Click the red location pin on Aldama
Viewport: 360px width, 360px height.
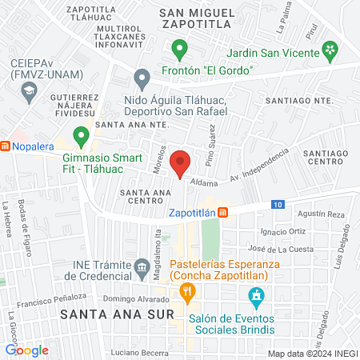(182, 163)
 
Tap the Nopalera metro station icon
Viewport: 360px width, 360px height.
(6, 146)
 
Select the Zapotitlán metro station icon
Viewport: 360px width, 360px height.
(223, 212)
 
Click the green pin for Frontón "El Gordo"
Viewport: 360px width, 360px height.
(181, 51)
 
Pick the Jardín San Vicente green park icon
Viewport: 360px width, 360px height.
(330, 52)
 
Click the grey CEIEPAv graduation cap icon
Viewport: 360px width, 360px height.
(29, 89)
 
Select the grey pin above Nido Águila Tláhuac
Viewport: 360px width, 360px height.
(142, 78)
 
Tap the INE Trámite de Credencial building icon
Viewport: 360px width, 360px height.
(142, 265)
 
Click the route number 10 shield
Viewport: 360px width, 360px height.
(276, 205)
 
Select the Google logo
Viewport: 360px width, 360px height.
(26, 350)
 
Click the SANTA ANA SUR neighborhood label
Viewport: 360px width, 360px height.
(117, 314)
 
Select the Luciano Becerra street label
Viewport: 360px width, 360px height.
(139, 352)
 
